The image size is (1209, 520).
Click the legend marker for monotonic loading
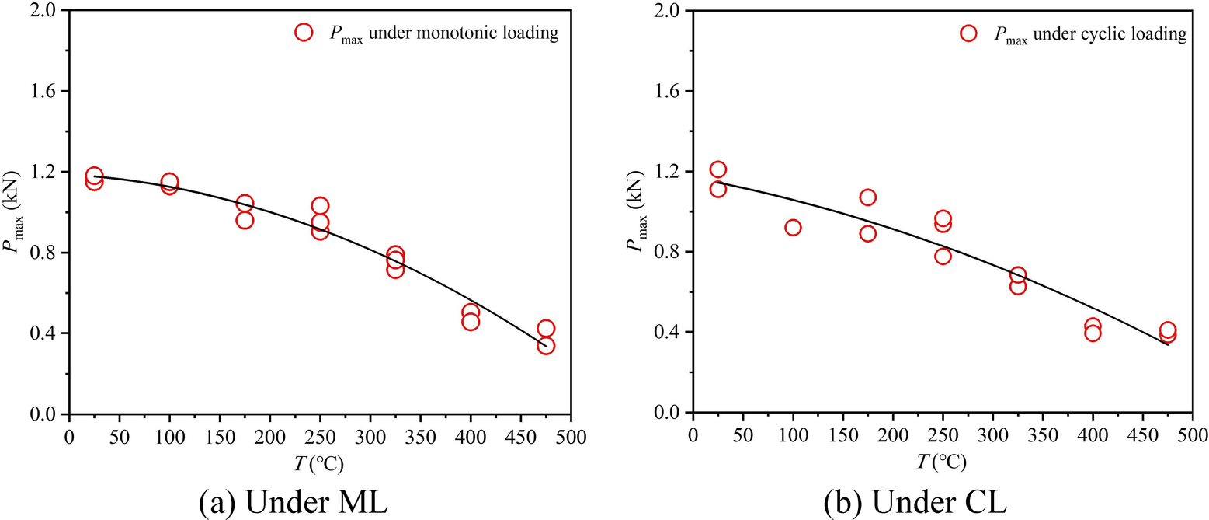[304, 32]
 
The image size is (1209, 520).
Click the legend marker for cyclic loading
[968, 33]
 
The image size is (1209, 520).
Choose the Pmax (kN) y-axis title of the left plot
[17, 211]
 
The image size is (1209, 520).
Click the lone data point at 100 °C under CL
[793, 227]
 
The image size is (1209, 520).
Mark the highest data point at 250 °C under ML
[320, 205]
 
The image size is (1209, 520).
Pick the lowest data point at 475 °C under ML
[546, 346]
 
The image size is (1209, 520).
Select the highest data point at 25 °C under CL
[717, 169]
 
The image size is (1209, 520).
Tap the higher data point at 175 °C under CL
[867, 197]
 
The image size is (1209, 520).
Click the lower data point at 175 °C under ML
[245, 220]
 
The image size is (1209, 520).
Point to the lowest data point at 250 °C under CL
[943, 256]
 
